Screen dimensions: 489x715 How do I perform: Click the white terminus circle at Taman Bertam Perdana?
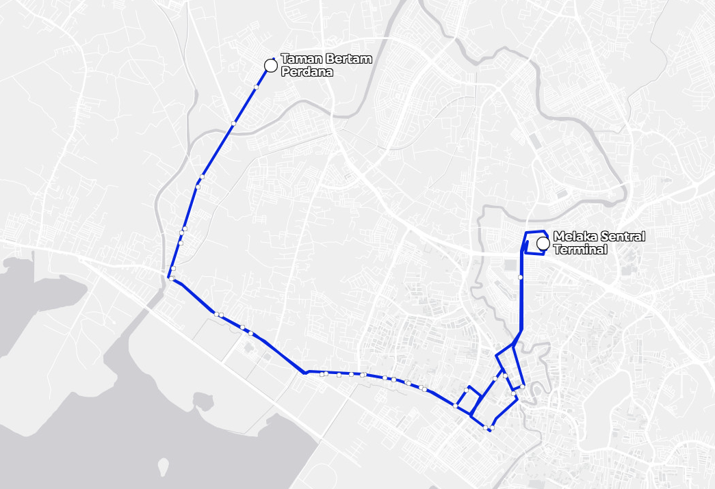pyautogui.click(x=270, y=66)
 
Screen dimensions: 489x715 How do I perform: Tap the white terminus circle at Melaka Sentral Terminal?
pyautogui.click(x=543, y=243)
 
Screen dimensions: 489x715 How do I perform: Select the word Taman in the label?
pyautogui.click(x=296, y=60)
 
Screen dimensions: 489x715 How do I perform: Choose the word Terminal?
pyautogui.click(x=580, y=250)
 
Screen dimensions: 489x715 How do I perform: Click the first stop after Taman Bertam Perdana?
pyautogui.click(x=256, y=87)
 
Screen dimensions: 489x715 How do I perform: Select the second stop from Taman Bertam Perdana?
pyautogui.click(x=233, y=123)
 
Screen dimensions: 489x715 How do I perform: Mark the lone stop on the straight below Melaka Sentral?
pyautogui.click(x=521, y=277)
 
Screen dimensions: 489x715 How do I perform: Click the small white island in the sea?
pyautogui.click(x=163, y=467)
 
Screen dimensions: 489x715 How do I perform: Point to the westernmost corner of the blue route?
pyautogui.click(x=168, y=277)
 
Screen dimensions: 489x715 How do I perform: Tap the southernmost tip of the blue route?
pyautogui.click(x=490, y=431)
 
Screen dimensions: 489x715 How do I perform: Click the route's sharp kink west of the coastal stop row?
pyautogui.click(x=304, y=373)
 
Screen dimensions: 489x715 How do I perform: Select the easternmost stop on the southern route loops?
pyautogui.click(x=522, y=386)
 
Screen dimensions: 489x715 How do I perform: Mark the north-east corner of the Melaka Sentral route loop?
pyautogui.click(x=544, y=231)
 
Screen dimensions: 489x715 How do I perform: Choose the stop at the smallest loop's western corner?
pyautogui.click(x=455, y=406)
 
